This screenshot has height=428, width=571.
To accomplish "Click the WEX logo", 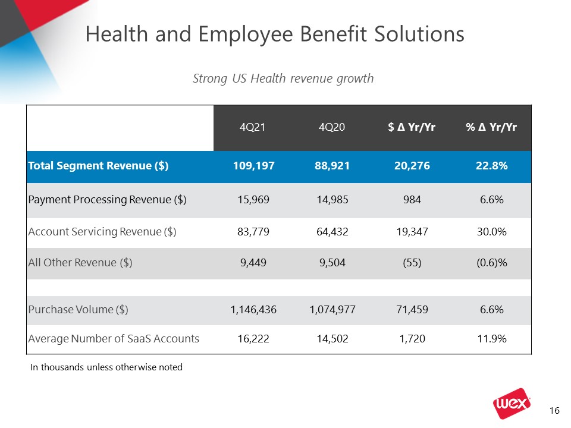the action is click(512, 403).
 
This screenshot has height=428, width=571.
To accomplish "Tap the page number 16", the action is click(554, 411).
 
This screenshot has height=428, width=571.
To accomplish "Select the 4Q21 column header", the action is click(252, 127).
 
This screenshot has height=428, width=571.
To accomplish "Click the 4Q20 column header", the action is click(332, 127).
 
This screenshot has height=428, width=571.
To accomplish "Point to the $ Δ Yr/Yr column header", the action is click(412, 127).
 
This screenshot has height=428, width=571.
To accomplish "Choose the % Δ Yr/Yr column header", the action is click(491, 127).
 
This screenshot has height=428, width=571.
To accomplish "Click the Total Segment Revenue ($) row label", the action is click(98, 166).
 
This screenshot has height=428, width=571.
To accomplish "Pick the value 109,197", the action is click(254, 166).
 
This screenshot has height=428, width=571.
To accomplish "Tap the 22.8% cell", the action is click(492, 166).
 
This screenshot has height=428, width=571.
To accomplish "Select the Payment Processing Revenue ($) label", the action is click(108, 200).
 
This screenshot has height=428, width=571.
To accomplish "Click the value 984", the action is click(412, 200).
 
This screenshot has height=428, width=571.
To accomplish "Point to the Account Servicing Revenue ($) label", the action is click(102, 232).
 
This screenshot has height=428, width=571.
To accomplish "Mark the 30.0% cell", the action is click(492, 232).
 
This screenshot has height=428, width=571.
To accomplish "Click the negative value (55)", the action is click(412, 263).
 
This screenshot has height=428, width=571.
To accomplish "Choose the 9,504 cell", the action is click(332, 263).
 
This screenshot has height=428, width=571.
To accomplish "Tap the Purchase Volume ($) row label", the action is click(79, 310).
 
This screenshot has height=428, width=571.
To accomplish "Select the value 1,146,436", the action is click(253, 310).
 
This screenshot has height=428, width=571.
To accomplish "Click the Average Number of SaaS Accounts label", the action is click(114, 339).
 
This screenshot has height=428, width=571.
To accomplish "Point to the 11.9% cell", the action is click(492, 339).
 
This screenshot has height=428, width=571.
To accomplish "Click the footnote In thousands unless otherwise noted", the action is click(106, 367).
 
